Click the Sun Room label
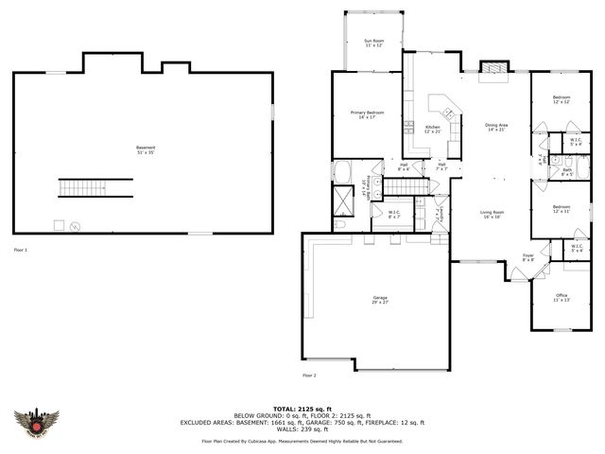click(374, 44)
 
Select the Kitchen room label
click(432, 129)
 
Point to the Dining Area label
click(497, 127)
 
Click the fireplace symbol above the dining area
click(492, 70)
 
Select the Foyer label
click(528, 257)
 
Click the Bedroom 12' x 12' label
click(562, 99)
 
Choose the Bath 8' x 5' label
click(567, 172)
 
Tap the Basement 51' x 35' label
click(146, 149)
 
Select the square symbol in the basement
click(59, 224)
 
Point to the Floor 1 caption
click(21, 250)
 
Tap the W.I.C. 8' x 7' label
click(394, 215)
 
